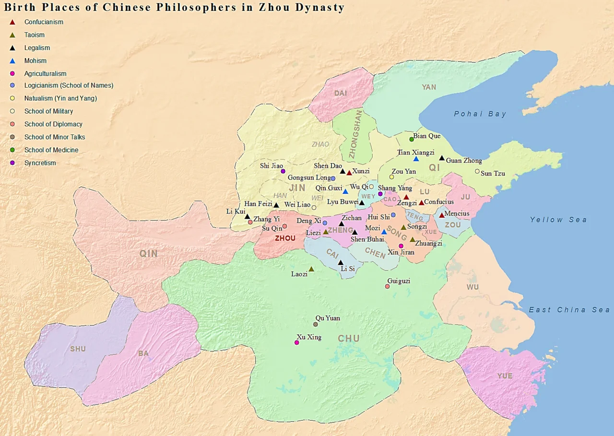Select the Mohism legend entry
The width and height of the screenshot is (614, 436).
[x=35, y=61]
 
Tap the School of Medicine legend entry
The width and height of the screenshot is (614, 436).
[x=51, y=150]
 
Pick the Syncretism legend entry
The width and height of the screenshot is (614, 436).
[x=40, y=163]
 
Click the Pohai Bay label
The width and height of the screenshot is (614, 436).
[x=480, y=114]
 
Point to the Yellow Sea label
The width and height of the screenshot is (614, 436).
[x=558, y=220]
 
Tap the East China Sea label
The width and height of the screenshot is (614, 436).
[x=569, y=310]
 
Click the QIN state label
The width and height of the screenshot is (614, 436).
[x=149, y=254]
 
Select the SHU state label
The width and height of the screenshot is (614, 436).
[x=78, y=349]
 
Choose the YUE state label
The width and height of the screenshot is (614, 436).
[x=505, y=376]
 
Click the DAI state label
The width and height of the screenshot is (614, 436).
[x=341, y=94]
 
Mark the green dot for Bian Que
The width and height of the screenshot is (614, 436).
[x=412, y=140]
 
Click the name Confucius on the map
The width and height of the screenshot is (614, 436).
[x=439, y=202]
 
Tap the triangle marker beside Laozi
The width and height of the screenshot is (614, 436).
[x=311, y=269]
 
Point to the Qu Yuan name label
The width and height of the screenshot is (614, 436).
[x=328, y=318]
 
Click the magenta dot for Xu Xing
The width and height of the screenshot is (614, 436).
[x=297, y=342]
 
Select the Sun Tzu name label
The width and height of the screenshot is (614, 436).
[x=493, y=173]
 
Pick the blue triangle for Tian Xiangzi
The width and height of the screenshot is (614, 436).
[x=416, y=159]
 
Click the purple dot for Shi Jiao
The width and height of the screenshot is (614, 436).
[x=283, y=171]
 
